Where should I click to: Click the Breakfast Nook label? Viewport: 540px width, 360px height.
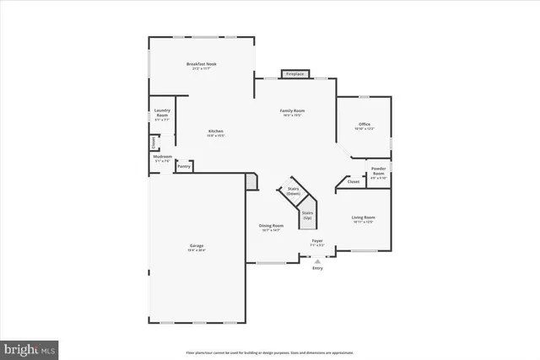(x=202, y=64)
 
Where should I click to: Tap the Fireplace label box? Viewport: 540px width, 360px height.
(x=294, y=74)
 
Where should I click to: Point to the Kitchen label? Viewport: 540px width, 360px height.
(x=217, y=131)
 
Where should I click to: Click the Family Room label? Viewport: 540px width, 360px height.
(x=293, y=111)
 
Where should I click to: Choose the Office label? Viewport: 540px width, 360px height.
(x=364, y=125)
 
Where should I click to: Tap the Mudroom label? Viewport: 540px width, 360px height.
(x=163, y=158)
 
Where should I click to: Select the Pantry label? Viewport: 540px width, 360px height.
(x=184, y=166)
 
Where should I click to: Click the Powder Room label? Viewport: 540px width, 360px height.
(x=378, y=172)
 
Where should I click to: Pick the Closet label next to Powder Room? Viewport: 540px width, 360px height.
(x=354, y=181)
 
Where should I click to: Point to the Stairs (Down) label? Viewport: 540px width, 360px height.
(x=294, y=191)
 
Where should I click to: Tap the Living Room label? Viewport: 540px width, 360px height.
(x=364, y=218)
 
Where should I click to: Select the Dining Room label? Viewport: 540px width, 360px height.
(x=271, y=227)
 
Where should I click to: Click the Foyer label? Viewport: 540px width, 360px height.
(x=317, y=242)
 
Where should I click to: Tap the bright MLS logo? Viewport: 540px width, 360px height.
(x=29, y=347)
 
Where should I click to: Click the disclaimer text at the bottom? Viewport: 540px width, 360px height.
(x=269, y=352)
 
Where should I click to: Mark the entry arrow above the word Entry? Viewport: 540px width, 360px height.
(x=317, y=261)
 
